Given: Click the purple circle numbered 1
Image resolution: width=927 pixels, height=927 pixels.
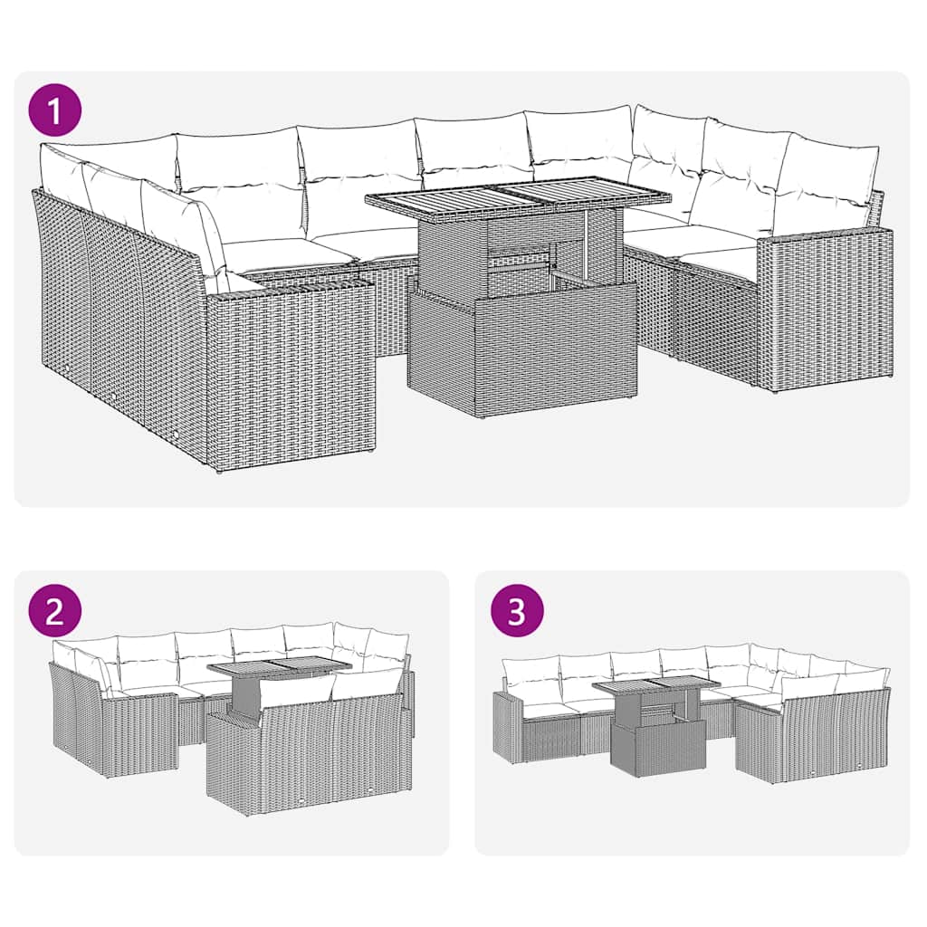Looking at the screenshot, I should pos(55,111).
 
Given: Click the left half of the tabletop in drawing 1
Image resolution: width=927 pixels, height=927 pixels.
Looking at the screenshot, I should pos(430,199).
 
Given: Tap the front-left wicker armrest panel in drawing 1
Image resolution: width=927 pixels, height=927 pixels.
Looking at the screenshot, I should pos(290,371).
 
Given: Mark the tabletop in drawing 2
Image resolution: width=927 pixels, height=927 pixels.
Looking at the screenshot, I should pos(278,668).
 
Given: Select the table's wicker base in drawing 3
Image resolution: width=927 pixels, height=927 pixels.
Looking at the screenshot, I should pos(658,747).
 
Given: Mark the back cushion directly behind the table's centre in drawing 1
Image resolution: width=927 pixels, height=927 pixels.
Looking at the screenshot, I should pos(475,149).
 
